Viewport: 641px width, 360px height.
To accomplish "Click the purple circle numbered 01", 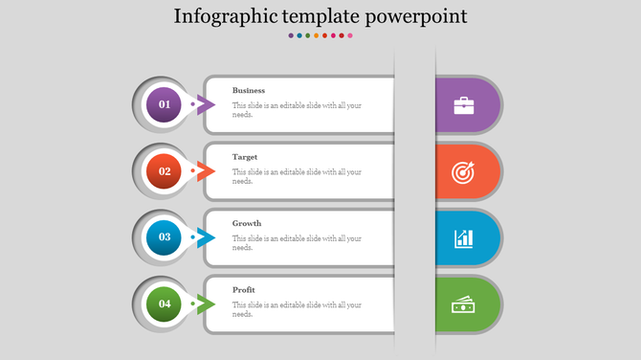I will pyautogui.click(x=165, y=104).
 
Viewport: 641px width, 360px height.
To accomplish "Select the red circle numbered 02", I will pyautogui.click(x=165, y=171).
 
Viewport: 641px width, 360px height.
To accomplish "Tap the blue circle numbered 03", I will pyautogui.click(x=165, y=237).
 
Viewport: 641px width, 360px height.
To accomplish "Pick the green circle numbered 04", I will pyautogui.click(x=165, y=304).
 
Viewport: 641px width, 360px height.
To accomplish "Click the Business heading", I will pyautogui.click(x=249, y=90).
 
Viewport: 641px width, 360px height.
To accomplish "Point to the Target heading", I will pyautogui.click(x=245, y=156).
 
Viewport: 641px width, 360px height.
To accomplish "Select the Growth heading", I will pyautogui.click(x=247, y=223).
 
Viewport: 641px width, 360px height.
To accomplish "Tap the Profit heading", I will pyautogui.click(x=244, y=289).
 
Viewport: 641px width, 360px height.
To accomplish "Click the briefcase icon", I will pyautogui.click(x=463, y=104).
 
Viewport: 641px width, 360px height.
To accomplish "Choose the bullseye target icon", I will pyautogui.click(x=463, y=171).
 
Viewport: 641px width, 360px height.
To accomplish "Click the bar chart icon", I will pyautogui.click(x=463, y=237).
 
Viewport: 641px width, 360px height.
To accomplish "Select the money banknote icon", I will pyautogui.click(x=463, y=304).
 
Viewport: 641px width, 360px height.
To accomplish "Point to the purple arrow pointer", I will pyautogui.click(x=204, y=104).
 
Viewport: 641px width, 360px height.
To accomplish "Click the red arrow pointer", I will pyautogui.click(x=204, y=171).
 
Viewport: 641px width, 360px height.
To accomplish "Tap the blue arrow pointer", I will pyautogui.click(x=204, y=237).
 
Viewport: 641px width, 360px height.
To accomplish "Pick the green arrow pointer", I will pyautogui.click(x=204, y=304).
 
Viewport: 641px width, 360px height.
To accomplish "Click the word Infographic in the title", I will pyautogui.click(x=221, y=17).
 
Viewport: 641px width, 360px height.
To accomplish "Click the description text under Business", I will pyautogui.click(x=297, y=110).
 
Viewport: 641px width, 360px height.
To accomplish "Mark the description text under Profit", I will pyautogui.click(x=297, y=309).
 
